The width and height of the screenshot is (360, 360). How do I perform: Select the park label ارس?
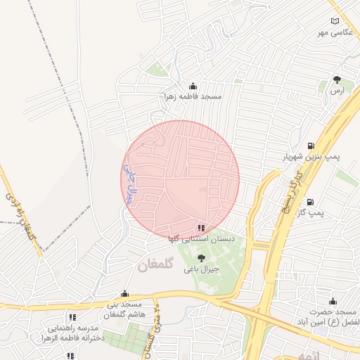pos(337,91)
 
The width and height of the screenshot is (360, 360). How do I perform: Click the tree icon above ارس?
pos(337,80)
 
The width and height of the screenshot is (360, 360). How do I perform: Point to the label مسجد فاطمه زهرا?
pos(193,96)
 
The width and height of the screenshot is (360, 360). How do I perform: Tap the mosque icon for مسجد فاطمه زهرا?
pos(193,86)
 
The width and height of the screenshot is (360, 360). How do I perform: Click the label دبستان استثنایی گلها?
pos(201,239)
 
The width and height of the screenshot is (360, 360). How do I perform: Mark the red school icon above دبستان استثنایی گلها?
pos(202,228)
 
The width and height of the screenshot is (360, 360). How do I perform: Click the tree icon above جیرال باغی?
pos(202,258)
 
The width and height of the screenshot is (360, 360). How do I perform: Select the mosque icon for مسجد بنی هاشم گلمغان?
pos(125,294)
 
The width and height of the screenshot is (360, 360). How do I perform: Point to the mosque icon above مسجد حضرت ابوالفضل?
pos(333,301)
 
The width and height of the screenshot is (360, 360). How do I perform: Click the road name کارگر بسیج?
pos(289,198)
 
